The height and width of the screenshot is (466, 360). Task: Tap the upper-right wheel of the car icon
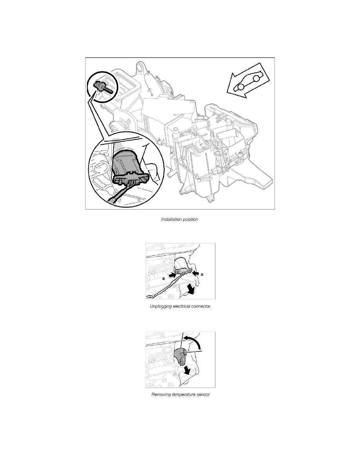256,78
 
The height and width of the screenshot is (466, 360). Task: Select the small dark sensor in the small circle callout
102,86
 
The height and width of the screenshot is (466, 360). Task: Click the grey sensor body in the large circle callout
127,162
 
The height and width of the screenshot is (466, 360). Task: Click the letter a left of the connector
164,279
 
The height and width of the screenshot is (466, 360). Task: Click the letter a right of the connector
202,274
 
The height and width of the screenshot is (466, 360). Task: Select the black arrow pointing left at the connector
195,272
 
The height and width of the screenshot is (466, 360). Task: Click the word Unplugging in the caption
161,306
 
